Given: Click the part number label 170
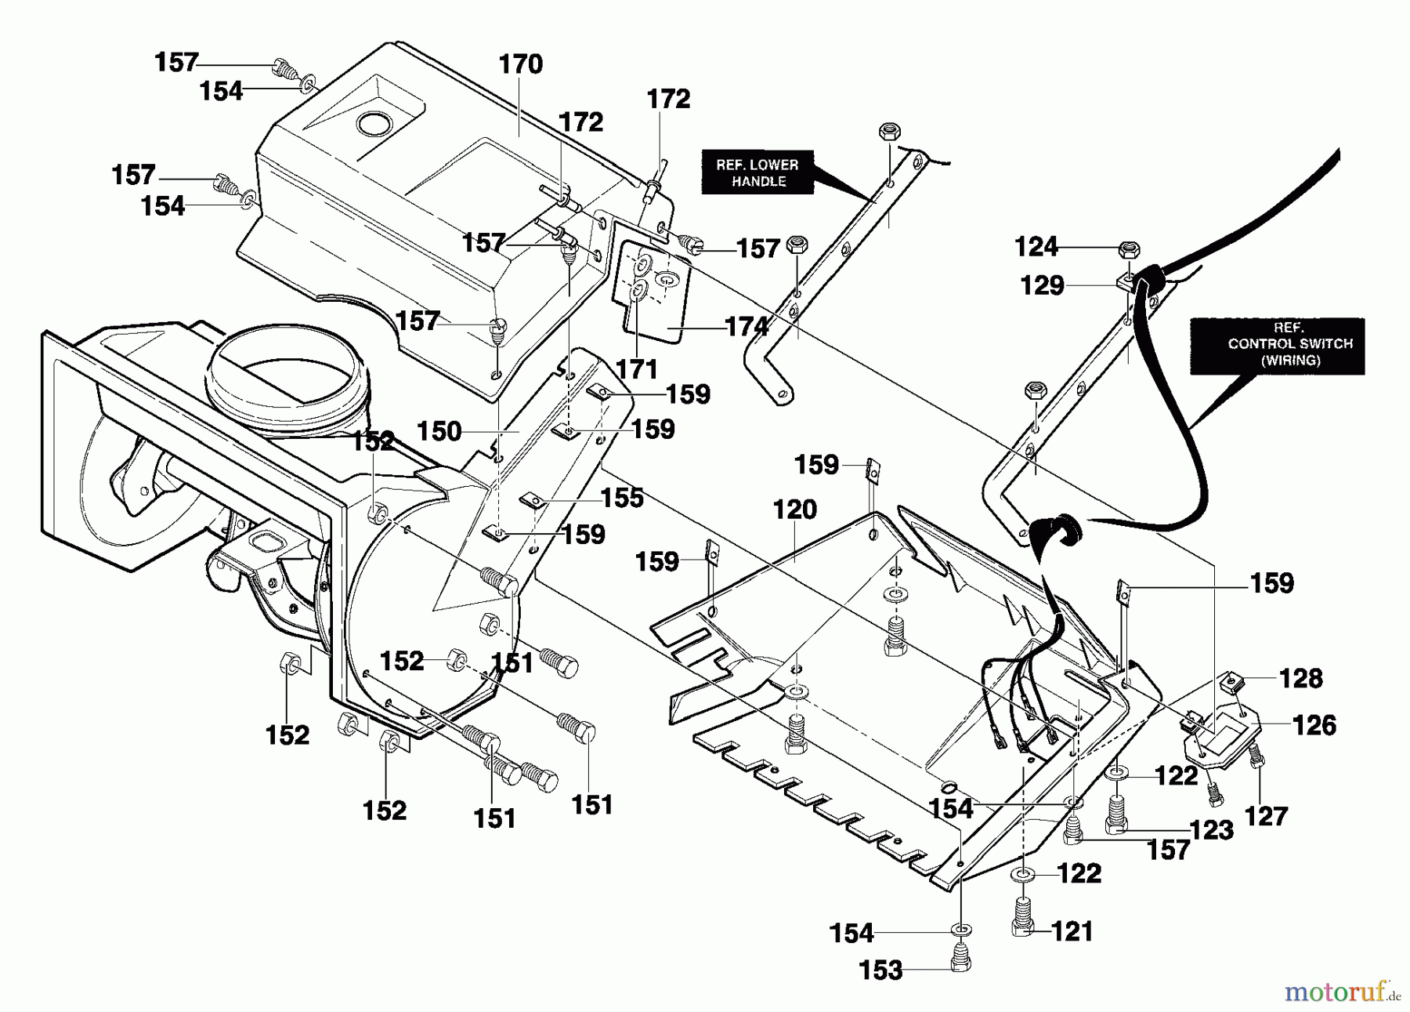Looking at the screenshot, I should (x=520, y=64).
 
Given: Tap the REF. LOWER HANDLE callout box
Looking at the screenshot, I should (x=757, y=172).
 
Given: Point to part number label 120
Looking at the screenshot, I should (x=794, y=510).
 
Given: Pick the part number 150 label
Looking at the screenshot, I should (x=439, y=431).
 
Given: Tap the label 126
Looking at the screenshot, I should (x=1314, y=725).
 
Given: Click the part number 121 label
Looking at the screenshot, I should (x=1072, y=931).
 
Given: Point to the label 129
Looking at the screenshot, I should (x=1042, y=285).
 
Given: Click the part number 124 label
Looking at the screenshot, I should (x=1036, y=248).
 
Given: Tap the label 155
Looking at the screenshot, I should (x=622, y=498).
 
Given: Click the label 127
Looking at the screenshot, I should (x=1266, y=816).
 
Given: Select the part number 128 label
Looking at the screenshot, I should (x=1300, y=678).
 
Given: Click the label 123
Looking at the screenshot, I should (x=1211, y=830).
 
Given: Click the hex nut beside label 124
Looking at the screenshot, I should (x=1129, y=251).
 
